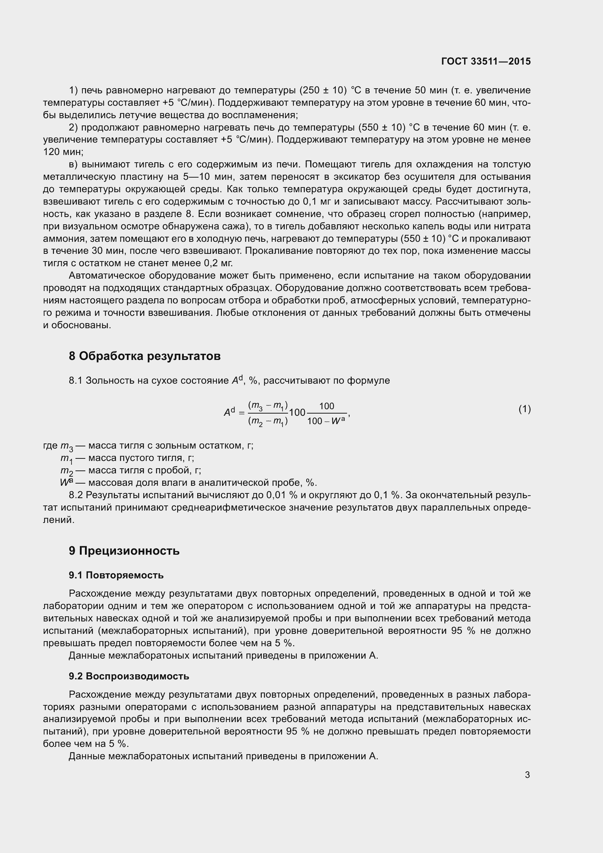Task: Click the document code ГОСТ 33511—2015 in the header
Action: click(x=486, y=61)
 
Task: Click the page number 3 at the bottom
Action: click(x=527, y=775)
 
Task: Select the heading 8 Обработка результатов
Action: click(x=144, y=356)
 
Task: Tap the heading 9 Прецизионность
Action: click(x=124, y=550)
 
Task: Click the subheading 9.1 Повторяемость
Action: click(x=116, y=575)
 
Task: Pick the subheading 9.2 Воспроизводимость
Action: click(x=128, y=676)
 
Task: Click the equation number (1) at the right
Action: click(x=524, y=409)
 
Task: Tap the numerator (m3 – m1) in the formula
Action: click(x=268, y=406)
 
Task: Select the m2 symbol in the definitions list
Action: click(x=66, y=471)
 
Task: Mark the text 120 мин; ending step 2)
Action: click(x=63, y=152)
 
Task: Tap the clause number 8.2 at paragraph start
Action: click(x=76, y=495)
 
